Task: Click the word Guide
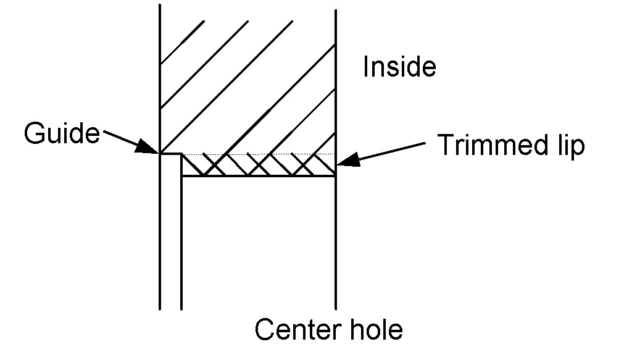(x=62, y=133)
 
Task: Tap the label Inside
(x=399, y=67)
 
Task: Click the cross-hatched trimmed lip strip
(x=259, y=165)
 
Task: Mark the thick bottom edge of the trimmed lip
(x=259, y=176)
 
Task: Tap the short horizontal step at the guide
(x=171, y=154)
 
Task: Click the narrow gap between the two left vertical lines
(x=171, y=247)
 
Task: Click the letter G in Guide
(x=34, y=133)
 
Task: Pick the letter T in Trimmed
(x=446, y=146)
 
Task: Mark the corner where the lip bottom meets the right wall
(x=335, y=176)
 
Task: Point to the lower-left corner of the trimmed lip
(x=181, y=176)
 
